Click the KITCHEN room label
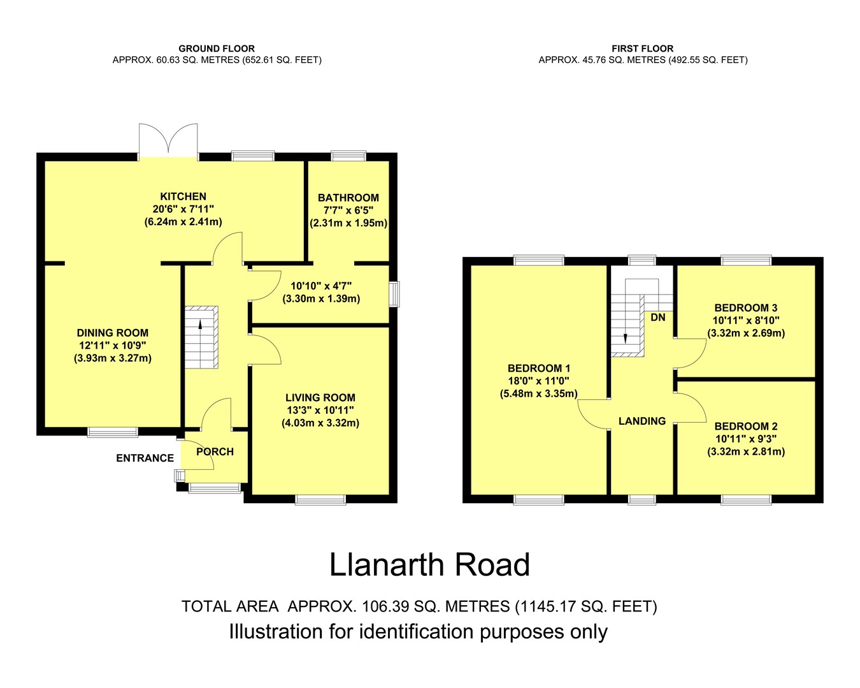(183, 196)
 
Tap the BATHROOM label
(348, 198)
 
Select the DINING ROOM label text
(112, 333)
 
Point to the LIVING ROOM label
(320, 398)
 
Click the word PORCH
(215, 451)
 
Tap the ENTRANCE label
(145, 458)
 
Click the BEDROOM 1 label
(539, 368)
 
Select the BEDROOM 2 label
(746, 427)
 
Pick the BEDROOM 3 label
(746, 308)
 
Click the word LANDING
(642, 421)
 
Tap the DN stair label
(658, 317)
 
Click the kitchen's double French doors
(168, 142)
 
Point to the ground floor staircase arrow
(200, 329)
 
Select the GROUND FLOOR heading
(217, 49)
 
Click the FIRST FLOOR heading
(643, 49)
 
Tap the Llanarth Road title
(429, 565)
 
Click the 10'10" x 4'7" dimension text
(321, 286)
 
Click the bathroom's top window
(348, 156)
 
